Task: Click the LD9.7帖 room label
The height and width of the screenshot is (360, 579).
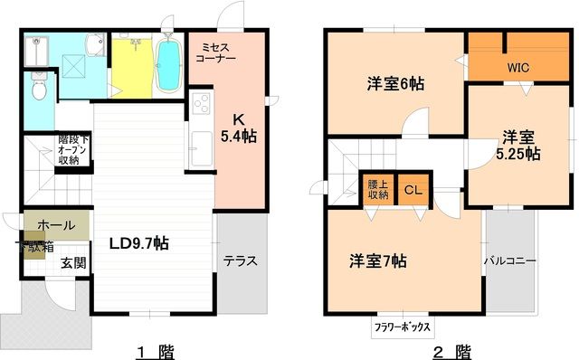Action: click(138, 243)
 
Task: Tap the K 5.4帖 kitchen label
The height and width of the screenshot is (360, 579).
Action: click(239, 128)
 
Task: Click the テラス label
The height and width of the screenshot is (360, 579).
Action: click(241, 261)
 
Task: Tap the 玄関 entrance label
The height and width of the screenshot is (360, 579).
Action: click(73, 263)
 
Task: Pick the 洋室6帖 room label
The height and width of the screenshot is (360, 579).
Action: click(395, 83)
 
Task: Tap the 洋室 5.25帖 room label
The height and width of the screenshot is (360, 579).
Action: click(518, 146)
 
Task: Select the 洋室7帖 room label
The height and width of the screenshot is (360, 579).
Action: click(378, 261)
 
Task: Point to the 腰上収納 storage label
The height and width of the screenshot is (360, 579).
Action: click(377, 190)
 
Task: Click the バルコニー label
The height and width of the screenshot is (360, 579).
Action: click(510, 261)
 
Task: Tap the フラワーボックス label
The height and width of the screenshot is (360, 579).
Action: click(401, 327)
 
